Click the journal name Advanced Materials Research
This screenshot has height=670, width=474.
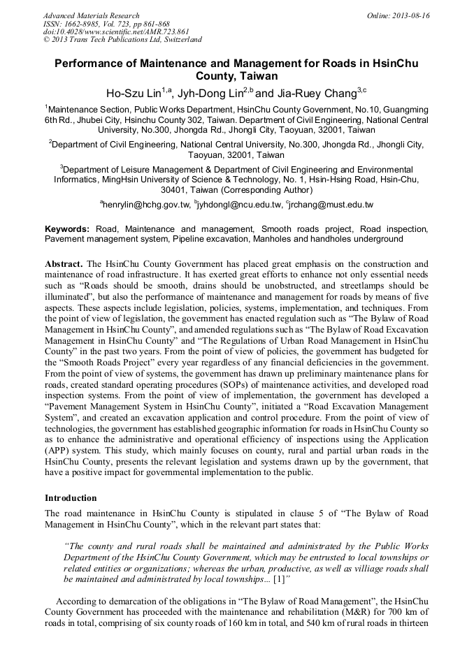[91, 15]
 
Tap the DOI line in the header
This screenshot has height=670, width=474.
[116, 31]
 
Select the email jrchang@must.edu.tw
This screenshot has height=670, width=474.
[331, 205]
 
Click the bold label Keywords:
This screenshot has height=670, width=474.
[67, 229]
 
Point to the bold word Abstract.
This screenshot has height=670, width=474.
[64, 264]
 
